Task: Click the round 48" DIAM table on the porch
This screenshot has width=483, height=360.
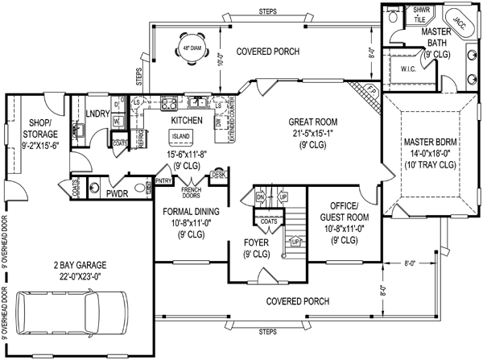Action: point(193,47)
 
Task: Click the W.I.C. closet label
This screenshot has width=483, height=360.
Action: point(407,68)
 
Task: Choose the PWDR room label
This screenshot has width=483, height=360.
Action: point(118,193)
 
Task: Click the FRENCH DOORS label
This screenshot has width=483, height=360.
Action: point(190,192)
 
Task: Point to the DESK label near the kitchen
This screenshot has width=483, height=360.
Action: point(218,173)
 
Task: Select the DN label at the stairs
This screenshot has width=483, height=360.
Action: point(260,197)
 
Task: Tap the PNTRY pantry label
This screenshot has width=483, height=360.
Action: point(163,181)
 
